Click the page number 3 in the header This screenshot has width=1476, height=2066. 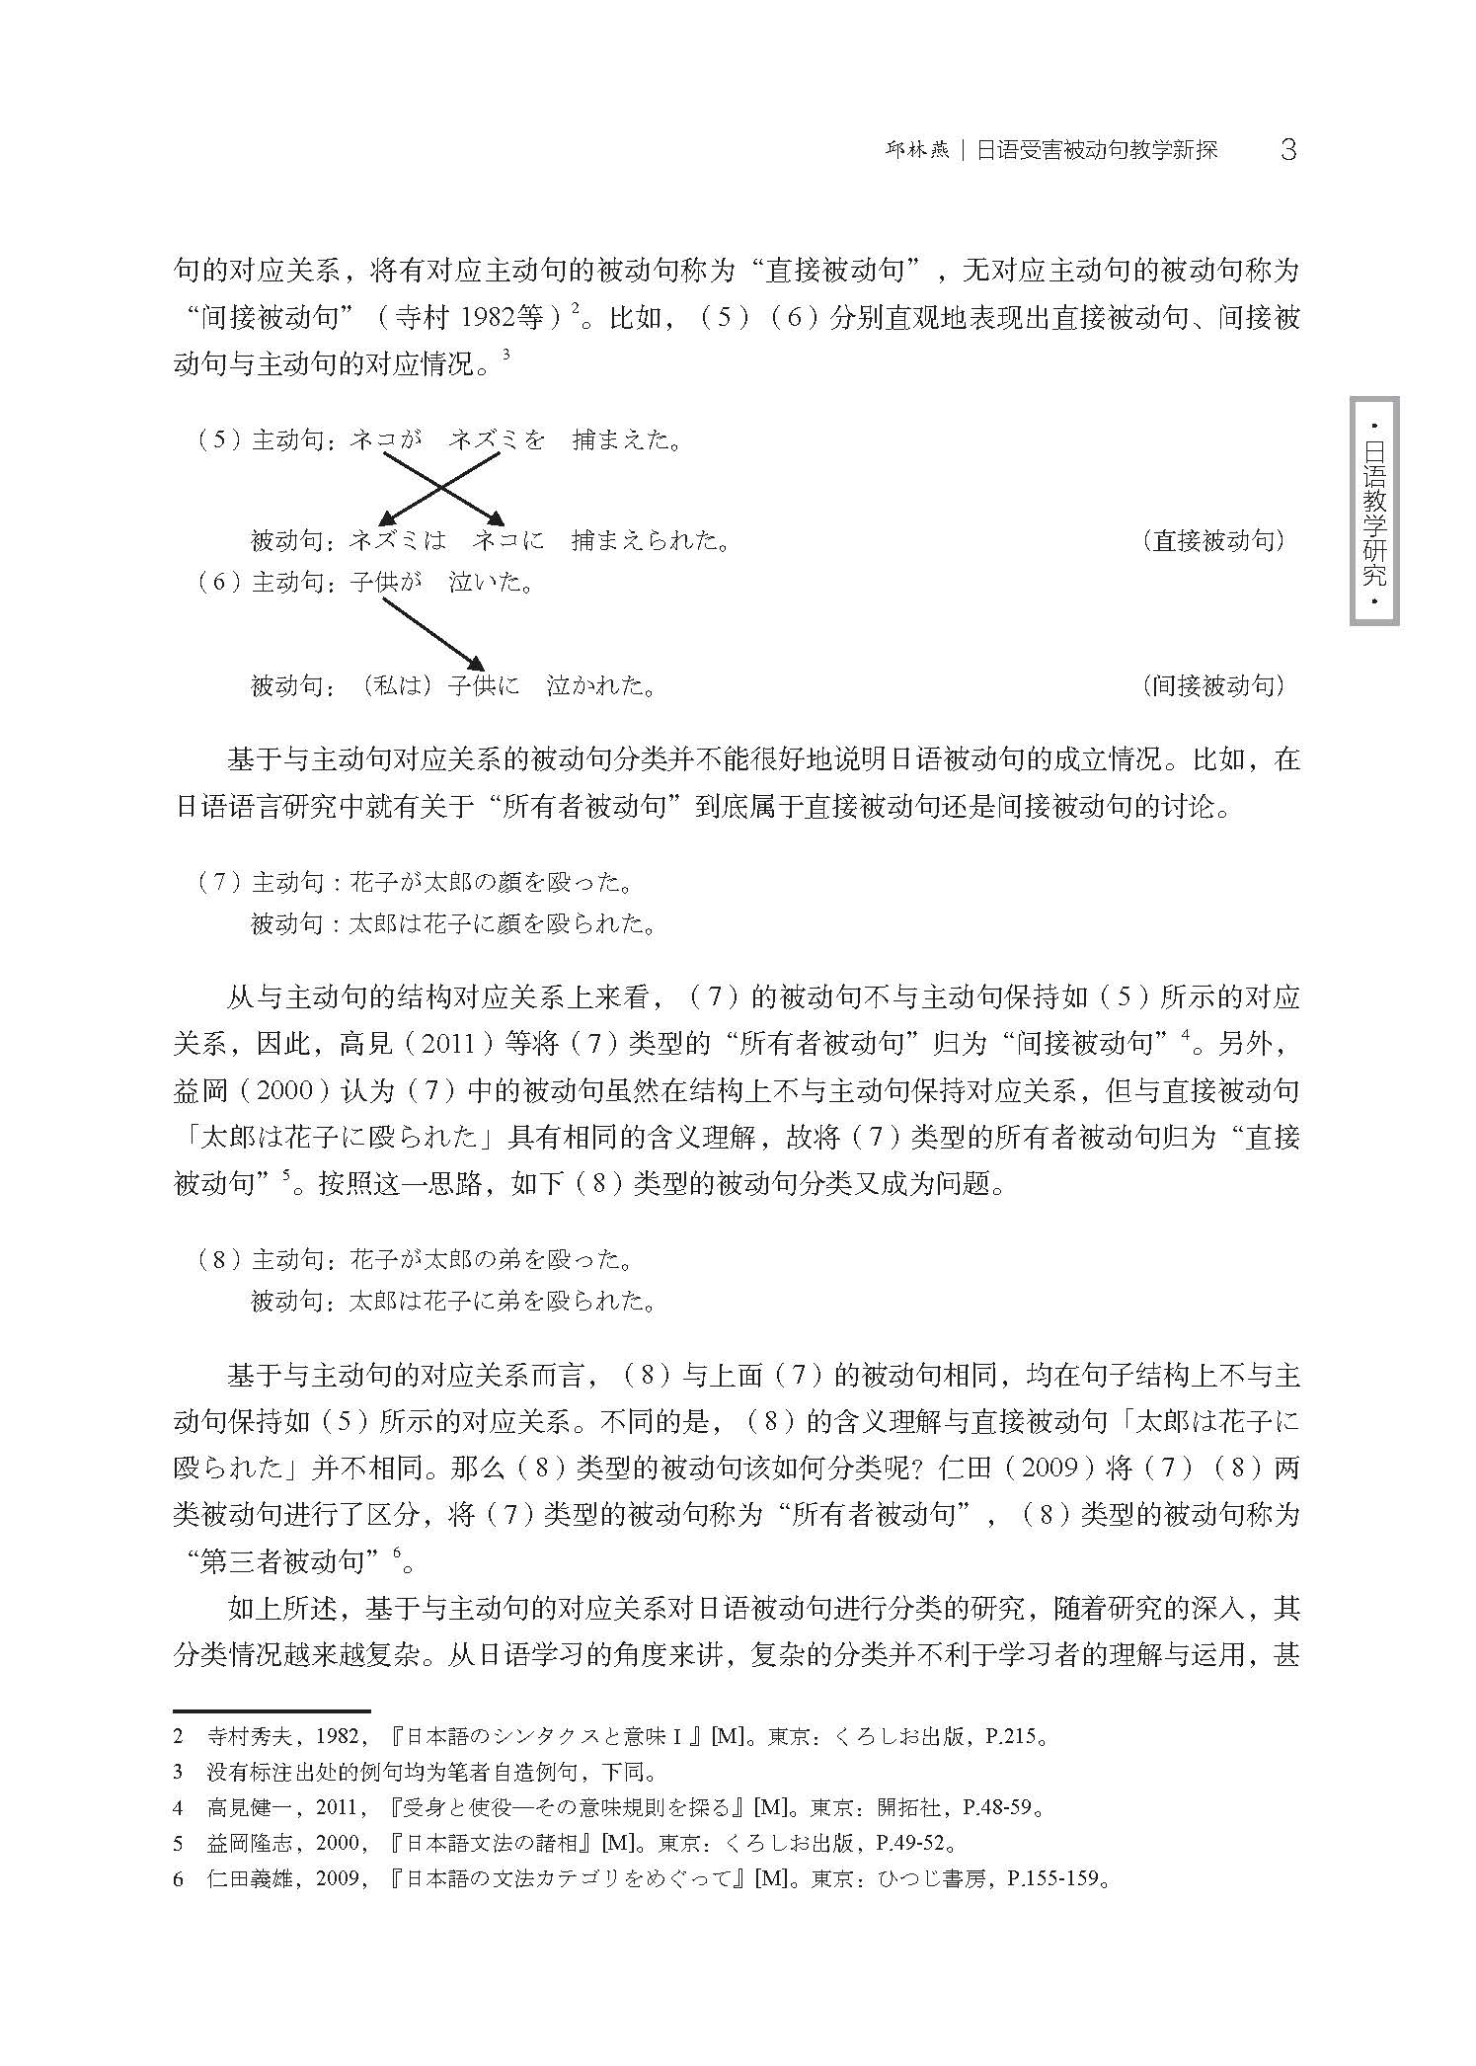click(1287, 150)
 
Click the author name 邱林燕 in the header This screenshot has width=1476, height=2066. click(915, 151)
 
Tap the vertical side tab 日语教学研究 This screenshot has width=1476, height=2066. click(1374, 512)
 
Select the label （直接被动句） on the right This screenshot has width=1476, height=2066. click(1213, 541)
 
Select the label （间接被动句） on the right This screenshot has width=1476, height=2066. click(1213, 685)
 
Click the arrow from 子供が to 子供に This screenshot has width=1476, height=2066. click(432, 633)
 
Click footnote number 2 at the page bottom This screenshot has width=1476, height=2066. click(179, 1737)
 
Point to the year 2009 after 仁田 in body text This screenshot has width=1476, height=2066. click(1048, 1469)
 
